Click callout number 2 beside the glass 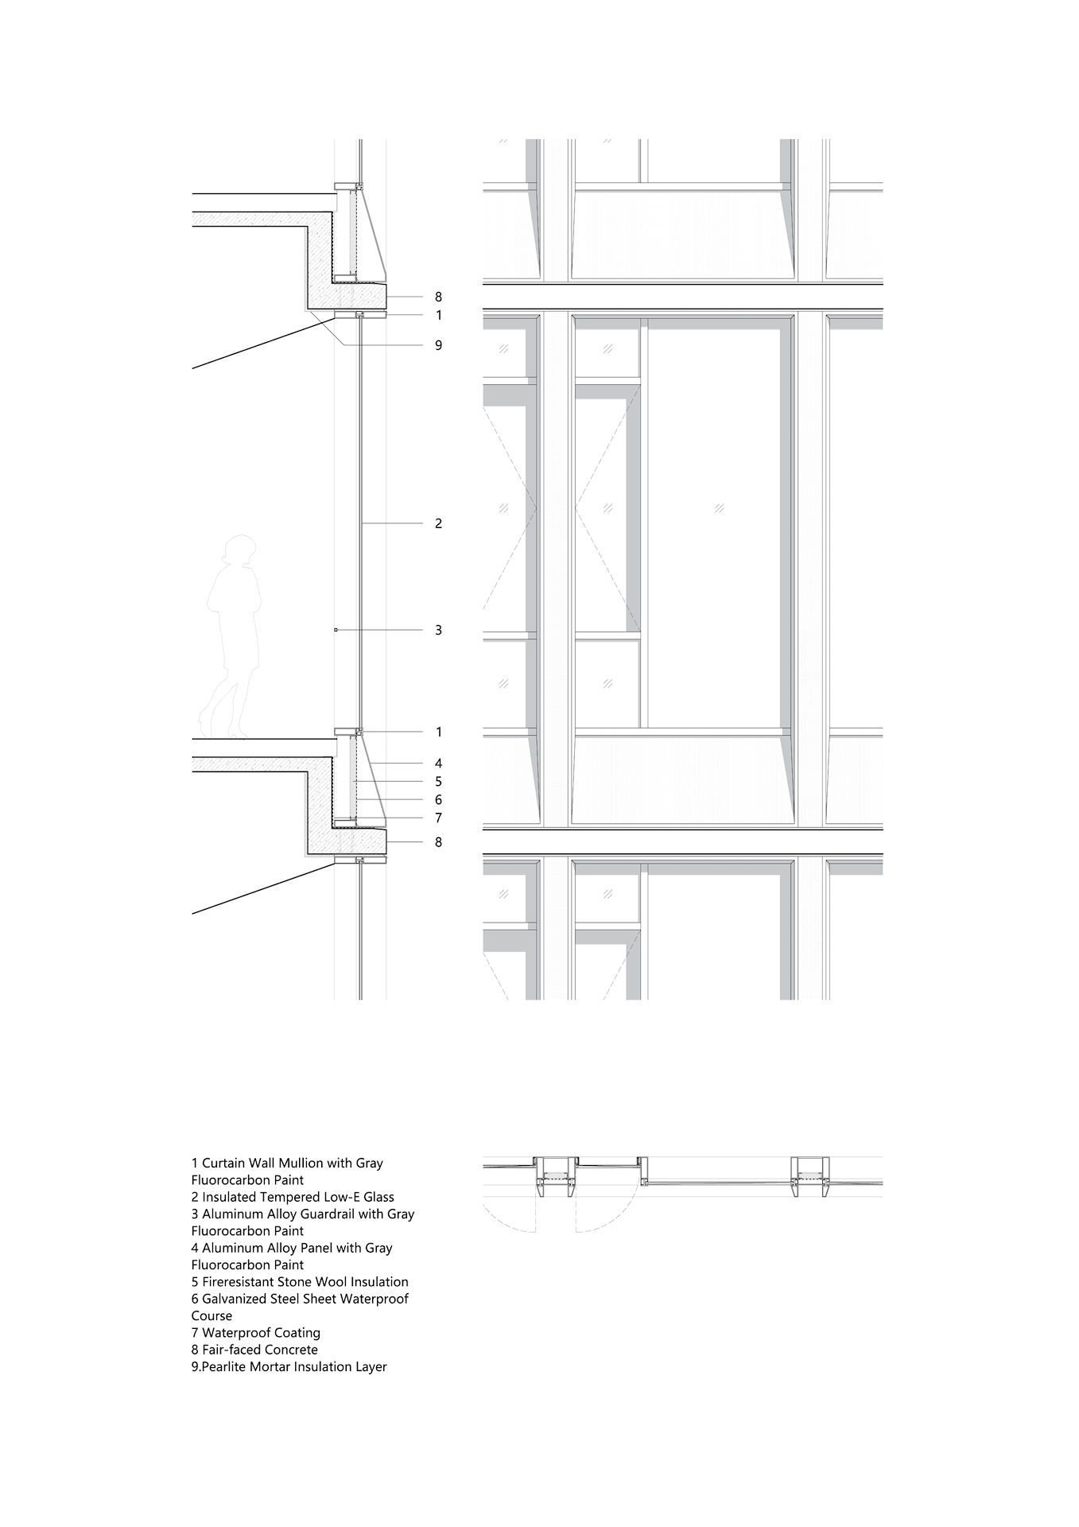[438, 523]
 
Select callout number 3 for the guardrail [438, 630]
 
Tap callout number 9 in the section [438, 345]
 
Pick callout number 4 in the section [438, 763]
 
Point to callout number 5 [438, 782]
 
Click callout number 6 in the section [438, 800]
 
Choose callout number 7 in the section [438, 818]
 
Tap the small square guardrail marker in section [336, 630]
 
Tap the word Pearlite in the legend [226, 1366]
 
